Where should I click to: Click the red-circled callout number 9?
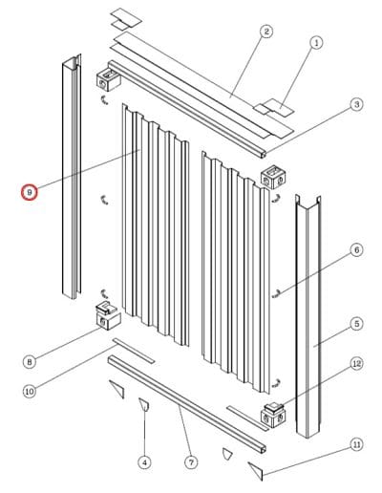tap(31, 192)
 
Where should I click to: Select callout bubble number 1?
tap(318, 42)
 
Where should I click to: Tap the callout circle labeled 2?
tap(266, 32)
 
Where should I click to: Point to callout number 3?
tap(356, 104)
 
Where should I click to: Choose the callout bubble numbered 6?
tap(356, 250)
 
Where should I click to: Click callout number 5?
tap(356, 324)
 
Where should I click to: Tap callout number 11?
tap(356, 444)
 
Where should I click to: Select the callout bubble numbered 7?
tap(191, 462)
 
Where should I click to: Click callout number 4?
tap(145, 462)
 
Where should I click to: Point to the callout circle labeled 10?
tap(29, 390)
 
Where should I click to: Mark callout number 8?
tap(29, 361)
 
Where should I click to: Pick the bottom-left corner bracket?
tap(106, 314)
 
